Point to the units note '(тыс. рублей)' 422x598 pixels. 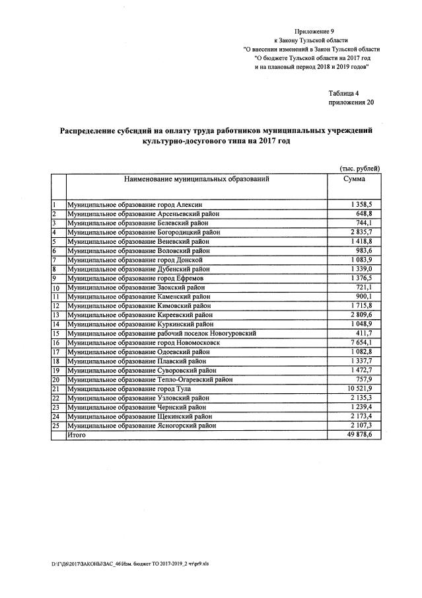359,168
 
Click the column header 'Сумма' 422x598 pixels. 354,179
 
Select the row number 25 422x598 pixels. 56,426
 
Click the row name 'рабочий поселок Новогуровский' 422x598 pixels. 162,334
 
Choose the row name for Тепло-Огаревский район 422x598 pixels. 153,380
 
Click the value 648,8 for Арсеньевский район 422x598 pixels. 364,214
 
